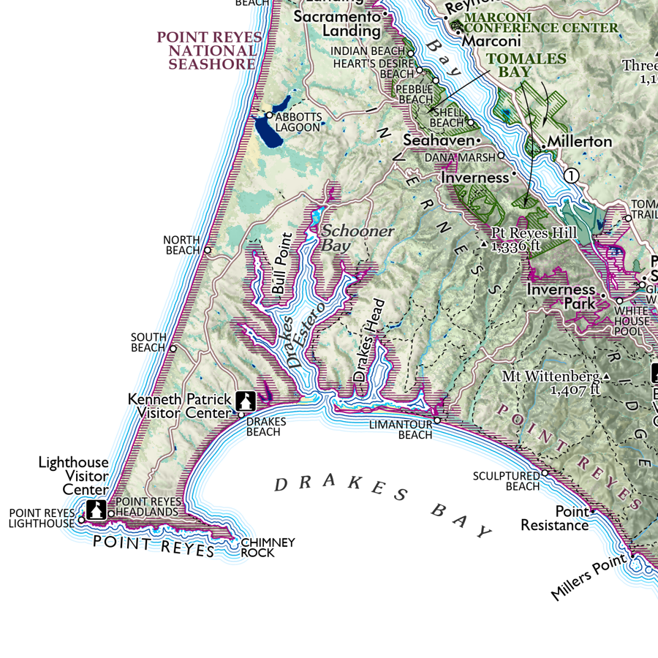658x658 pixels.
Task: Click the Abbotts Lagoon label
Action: (298, 121)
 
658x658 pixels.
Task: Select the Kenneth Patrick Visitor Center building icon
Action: (245, 401)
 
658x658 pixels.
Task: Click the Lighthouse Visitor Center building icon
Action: (96, 510)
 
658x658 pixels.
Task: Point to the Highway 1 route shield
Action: (572, 175)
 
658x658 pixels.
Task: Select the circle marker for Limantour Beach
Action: (436, 420)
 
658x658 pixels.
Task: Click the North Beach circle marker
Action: (208, 250)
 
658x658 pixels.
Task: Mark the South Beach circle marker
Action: (173, 348)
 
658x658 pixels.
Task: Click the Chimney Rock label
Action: (268, 548)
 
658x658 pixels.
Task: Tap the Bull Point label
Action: (282, 263)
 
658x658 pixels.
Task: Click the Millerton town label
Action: (580, 141)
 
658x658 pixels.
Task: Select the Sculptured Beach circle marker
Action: (545, 473)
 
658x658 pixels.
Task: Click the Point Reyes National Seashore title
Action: (208, 50)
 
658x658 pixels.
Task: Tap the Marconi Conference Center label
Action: (541, 23)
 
